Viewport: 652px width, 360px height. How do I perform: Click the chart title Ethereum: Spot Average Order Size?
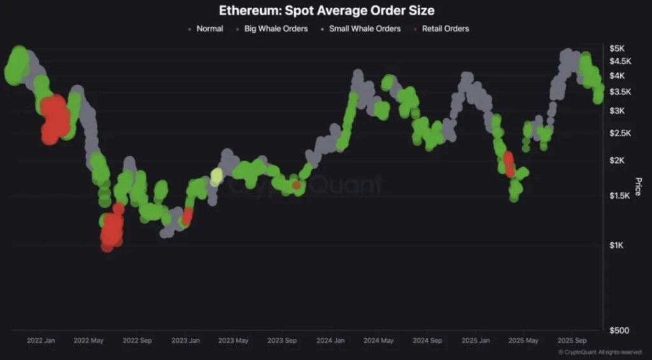326,11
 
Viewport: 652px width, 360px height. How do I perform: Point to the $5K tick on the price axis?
617,48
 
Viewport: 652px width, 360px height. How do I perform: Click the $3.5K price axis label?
620,92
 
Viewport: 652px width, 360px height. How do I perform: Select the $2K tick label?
617,160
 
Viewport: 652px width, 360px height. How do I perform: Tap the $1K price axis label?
617,245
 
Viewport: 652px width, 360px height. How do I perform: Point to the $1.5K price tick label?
620,196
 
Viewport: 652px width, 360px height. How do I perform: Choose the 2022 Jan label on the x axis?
41,341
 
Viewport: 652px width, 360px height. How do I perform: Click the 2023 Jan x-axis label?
185,341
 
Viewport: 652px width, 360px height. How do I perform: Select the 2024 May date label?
378,341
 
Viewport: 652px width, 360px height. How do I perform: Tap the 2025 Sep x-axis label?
571,341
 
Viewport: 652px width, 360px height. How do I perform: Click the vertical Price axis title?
637,186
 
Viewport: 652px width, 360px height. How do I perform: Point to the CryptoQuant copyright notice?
600,352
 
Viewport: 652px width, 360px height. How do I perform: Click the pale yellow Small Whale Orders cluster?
216,176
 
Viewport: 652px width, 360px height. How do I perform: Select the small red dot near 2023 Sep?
297,185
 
